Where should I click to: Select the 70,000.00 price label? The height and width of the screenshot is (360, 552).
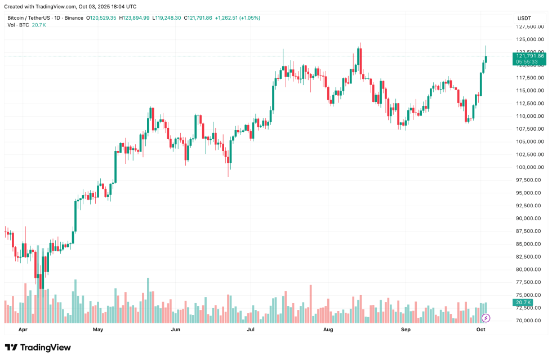coord(530,321)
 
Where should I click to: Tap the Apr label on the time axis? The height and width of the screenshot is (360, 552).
coord(23,329)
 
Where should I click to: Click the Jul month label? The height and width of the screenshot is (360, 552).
coord(251,329)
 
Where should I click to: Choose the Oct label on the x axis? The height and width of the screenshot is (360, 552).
coord(481,329)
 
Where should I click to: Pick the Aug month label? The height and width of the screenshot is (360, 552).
coord(329,329)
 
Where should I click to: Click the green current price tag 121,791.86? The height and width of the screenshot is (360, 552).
coord(529,56)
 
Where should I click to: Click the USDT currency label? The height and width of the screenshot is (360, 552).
coord(524,19)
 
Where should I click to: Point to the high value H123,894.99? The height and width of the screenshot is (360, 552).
coord(134,18)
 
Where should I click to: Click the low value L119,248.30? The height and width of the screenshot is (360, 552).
coord(167,18)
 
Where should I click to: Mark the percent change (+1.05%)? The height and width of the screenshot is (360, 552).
coord(250,18)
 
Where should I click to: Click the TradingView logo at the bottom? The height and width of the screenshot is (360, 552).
coord(38,348)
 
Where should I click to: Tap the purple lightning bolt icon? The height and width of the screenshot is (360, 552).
coord(486,318)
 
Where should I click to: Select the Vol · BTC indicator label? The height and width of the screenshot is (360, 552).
coord(18,25)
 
